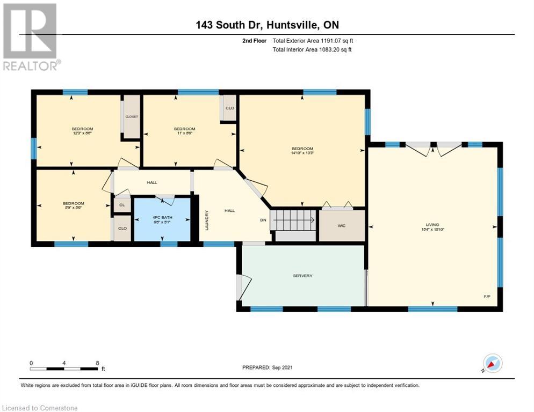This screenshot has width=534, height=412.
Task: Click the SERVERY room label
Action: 302,276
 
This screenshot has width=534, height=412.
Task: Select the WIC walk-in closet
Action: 341,226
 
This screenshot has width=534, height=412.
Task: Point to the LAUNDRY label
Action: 206,220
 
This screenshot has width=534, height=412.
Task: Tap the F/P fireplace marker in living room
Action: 487,297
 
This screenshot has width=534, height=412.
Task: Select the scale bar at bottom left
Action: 64,369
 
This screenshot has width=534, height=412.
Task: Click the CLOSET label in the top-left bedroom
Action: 132,116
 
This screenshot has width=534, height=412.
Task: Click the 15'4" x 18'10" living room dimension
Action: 432,229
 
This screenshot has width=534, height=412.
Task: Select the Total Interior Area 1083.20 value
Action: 313,50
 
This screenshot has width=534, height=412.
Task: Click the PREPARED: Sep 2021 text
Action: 268,367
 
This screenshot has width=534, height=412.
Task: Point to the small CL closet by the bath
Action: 122,204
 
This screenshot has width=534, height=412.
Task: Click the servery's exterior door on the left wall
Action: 240,287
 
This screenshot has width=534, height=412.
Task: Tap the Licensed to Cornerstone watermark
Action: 40,408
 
